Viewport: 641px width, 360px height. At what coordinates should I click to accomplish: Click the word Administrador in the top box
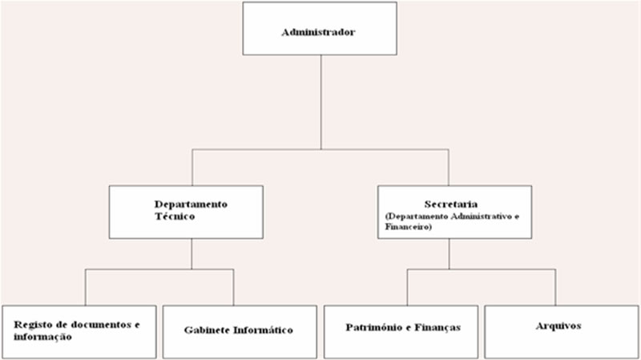pos(318,33)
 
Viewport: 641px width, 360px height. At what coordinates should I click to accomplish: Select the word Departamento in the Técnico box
pos(191,204)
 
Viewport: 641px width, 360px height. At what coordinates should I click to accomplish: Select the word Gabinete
pos(208,330)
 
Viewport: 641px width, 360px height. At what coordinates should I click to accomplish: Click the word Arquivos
pos(558,326)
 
